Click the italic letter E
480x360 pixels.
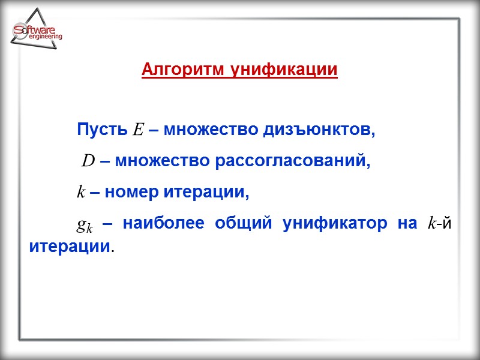click(137, 129)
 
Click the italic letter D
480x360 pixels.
click(89, 161)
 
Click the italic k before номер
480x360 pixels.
click(81, 193)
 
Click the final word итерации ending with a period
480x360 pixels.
click(70, 246)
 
